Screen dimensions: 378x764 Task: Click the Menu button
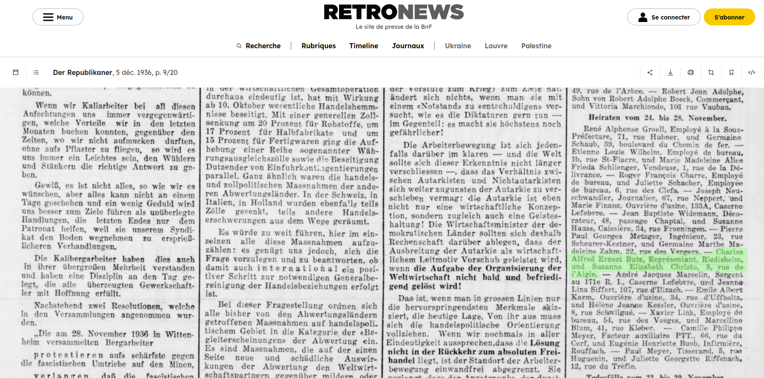58,17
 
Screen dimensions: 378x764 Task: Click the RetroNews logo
394,13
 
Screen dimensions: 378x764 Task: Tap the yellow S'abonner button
729,17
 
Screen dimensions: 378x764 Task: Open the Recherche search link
259,46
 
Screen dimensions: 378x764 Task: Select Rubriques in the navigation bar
318,46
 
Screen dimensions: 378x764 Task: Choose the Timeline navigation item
364,46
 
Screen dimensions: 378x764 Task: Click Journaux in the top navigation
408,46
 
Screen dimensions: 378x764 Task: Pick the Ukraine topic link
458,46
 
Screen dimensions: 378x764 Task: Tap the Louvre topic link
496,46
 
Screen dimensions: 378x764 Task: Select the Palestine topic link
536,46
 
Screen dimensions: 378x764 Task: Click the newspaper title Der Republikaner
83,72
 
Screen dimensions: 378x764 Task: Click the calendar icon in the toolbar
16,72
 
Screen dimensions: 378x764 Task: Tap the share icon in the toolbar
650,72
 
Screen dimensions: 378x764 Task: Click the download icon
670,72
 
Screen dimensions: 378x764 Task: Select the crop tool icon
711,72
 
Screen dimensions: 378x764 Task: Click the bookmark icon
731,72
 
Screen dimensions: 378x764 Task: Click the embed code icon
752,72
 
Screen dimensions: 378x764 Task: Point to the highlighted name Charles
729,252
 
